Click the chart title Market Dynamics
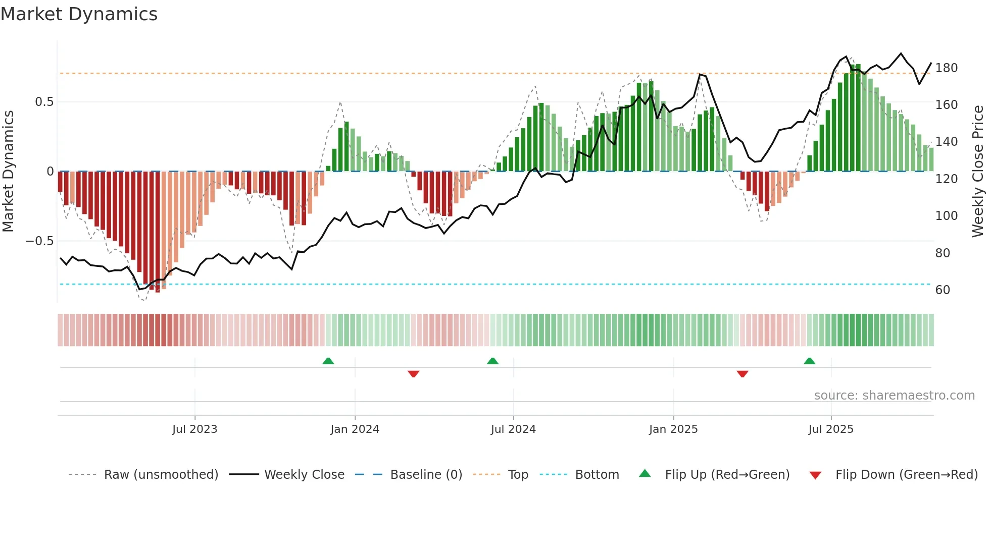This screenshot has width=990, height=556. (79, 14)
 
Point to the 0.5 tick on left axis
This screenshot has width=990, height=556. (44, 102)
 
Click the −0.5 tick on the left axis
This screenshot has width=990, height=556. (39, 241)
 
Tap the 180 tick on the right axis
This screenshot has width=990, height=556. (946, 68)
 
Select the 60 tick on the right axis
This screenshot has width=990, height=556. (943, 290)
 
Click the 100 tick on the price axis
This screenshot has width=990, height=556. (946, 216)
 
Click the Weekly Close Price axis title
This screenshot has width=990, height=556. (978, 172)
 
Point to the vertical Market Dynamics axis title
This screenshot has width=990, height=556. (8, 172)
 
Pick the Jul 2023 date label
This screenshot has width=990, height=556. (194, 429)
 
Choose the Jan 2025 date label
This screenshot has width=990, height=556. (673, 429)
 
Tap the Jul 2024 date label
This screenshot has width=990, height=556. (513, 429)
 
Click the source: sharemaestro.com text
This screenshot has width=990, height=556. (894, 396)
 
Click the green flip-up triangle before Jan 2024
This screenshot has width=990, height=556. (328, 361)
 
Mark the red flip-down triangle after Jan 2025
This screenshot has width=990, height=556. (742, 374)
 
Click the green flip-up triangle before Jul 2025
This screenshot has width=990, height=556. (809, 361)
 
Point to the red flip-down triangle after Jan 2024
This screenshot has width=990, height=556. (413, 374)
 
